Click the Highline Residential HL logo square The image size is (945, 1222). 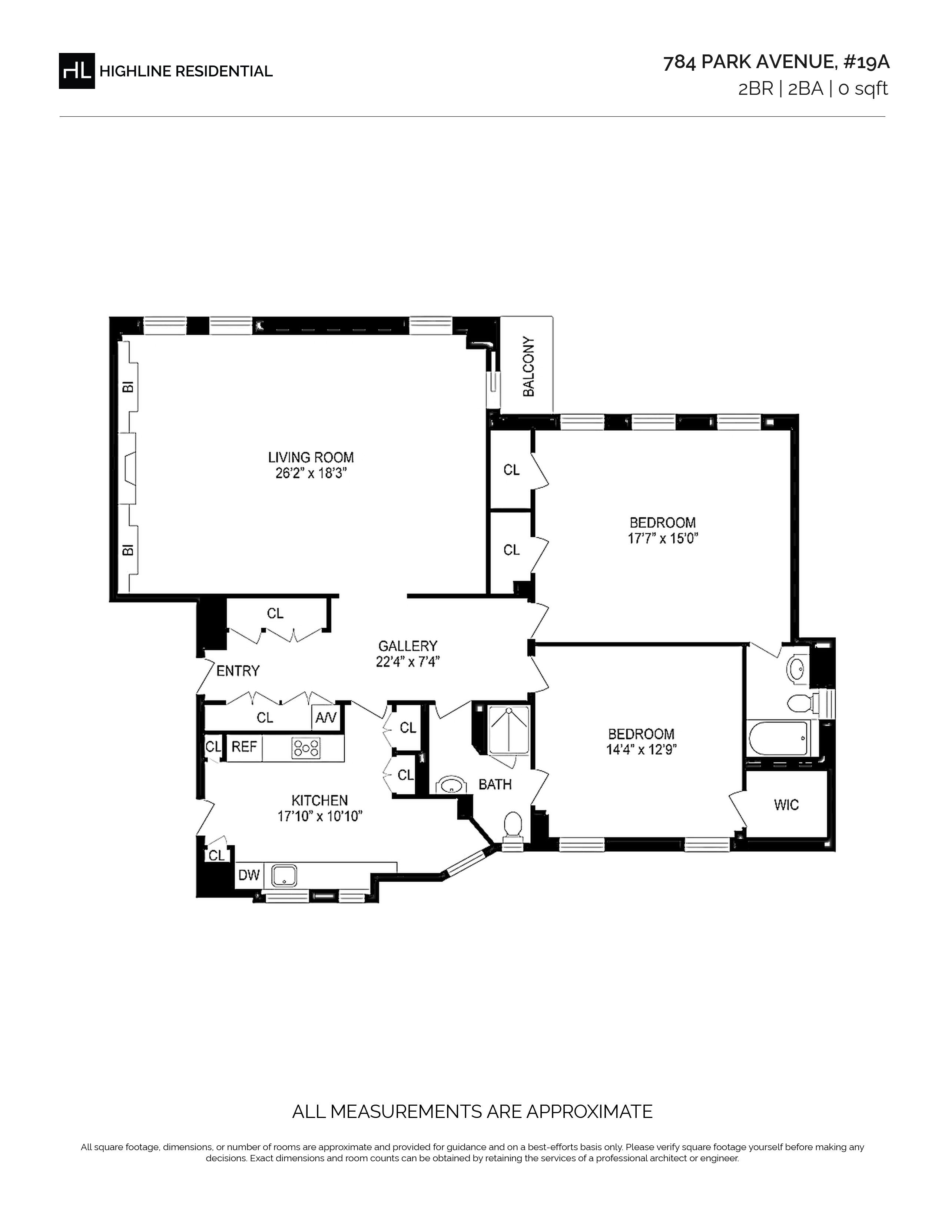coord(77,71)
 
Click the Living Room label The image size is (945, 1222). coord(311,457)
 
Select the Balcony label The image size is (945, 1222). coord(528,367)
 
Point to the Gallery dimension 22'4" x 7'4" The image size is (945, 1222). coord(408,662)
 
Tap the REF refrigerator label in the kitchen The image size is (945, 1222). coord(244,747)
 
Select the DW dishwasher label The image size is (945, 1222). coord(249,875)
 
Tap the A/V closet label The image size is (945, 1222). coord(325,717)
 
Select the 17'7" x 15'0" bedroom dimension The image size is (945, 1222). coord(663,538)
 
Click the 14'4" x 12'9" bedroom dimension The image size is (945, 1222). coord(641,749)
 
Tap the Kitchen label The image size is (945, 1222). coord(320,801)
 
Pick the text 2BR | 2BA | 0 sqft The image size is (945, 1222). coord(813,89)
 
